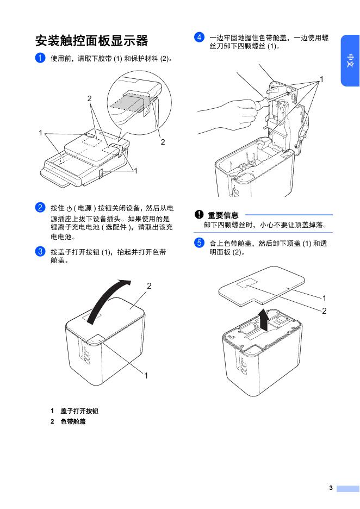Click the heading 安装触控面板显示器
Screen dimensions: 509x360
tap(91, 41)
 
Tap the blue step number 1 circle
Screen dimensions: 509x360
tap(40, 58)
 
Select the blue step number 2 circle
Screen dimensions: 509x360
tap(40, 207)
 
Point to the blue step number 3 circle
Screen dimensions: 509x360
tap(40, 251)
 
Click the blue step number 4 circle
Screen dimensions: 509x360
tap(199, 38)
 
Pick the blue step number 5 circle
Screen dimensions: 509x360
tap(199, 243)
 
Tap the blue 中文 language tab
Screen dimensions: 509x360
tap(350, 61)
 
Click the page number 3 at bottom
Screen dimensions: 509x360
tap(330, 488)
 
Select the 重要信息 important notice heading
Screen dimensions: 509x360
tap(223, 215)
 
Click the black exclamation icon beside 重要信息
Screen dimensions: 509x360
tap(200, 215)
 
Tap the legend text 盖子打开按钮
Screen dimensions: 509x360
tap(79, 411)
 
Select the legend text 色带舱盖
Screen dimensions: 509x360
tap(73, 421)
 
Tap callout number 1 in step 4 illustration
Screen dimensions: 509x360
tap(321, 79)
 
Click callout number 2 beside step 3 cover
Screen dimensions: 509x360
tap(148, 285)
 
